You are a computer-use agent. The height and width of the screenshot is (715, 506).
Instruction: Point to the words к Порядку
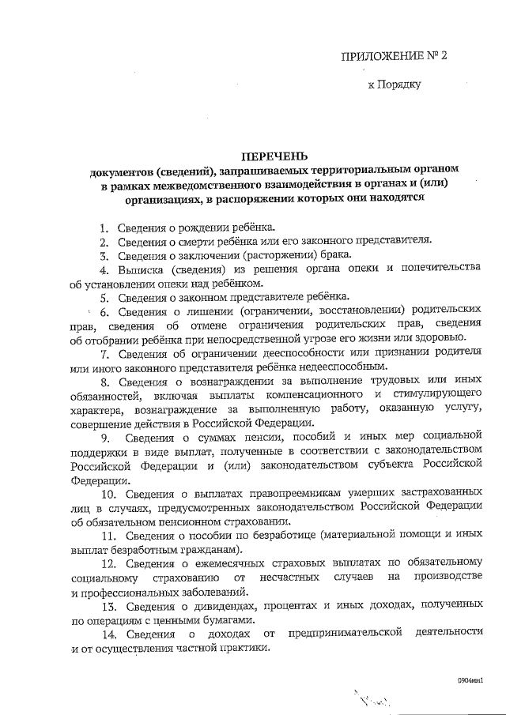tap(395, 84)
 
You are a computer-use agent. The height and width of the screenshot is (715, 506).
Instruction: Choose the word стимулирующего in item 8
tap(436, 393)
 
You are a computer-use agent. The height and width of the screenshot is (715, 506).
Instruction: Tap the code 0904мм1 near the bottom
tap(471, 679)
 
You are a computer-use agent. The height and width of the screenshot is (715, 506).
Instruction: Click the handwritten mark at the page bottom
tap(372, 699)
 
